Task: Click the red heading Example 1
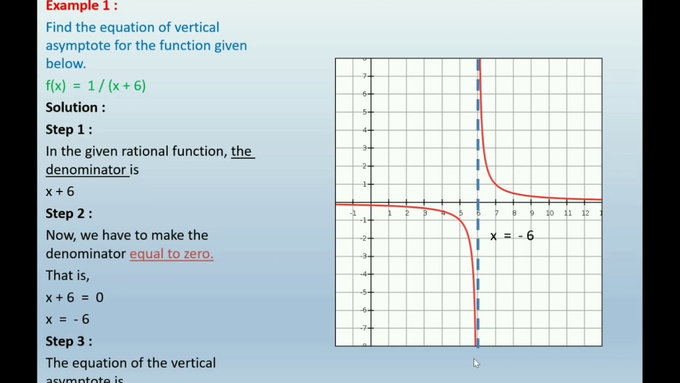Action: click(x=81, y=6)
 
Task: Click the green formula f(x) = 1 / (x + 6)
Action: click(x=96, y=86)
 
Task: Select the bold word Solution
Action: click(x=75, y=107)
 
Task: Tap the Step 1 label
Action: click(x=69, y=129)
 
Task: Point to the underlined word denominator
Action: click(x=86, y=170)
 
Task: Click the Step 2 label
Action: click(x=69, y=213)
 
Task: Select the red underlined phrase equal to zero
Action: click(x=171, y=254)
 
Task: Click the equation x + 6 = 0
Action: click(x=74, y=297)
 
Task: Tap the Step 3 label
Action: click(x=69, y=341)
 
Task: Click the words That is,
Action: click(x=67, y=276)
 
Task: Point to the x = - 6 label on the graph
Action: click(x=512, y=236)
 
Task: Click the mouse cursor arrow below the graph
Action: click(x=476, y=363)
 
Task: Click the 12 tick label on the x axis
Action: click(x=585, y=213)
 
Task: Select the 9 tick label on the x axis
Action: click(x=532, y=213)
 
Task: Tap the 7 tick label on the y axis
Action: click(x=365, y=76)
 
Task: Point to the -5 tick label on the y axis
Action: click(x=364, y=292)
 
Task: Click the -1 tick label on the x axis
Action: click(x=353, y=213)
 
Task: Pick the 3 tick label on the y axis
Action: click(x=365, y=148)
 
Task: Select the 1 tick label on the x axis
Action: click(x=389, y=213)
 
